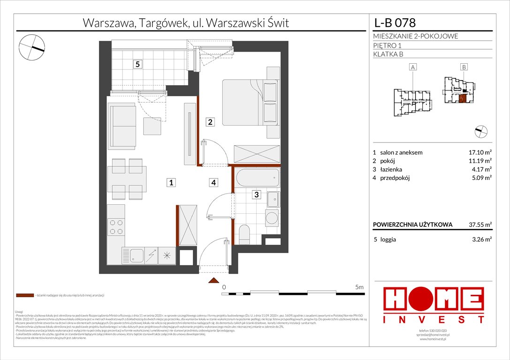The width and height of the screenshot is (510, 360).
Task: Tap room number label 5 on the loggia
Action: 137,65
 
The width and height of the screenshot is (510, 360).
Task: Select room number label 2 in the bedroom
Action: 211,122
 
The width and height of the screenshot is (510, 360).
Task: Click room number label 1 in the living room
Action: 172,183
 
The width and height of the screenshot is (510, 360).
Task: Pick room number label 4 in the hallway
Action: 213,183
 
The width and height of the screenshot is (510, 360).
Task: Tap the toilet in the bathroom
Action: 244,234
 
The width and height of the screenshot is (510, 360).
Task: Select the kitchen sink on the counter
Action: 137,255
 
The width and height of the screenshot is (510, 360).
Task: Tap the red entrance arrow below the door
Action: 214,281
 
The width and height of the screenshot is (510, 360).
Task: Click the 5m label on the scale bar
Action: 359,286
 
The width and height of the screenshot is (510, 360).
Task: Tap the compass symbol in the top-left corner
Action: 32,46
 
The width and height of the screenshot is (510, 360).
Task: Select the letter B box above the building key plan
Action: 464,67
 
